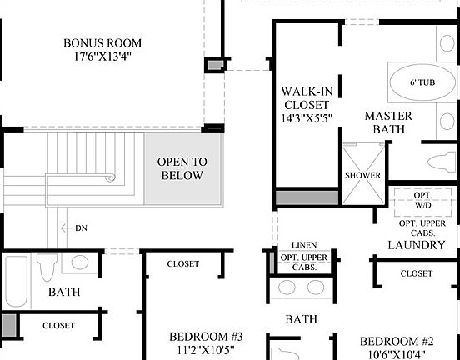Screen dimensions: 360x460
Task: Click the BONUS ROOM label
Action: [102, 42]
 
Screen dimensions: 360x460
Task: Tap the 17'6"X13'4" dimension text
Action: [102, 57]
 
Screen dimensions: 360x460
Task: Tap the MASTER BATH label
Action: [384, 122]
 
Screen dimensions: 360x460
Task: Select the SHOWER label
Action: [362, 176]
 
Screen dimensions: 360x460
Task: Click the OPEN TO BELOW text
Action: [182, 168]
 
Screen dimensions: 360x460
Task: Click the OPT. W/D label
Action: [422, 200]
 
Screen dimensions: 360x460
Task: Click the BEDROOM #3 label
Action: [205, 337]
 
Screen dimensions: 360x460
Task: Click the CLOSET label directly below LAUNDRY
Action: [416, 273]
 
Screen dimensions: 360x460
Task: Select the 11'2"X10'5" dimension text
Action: [205, 351]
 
